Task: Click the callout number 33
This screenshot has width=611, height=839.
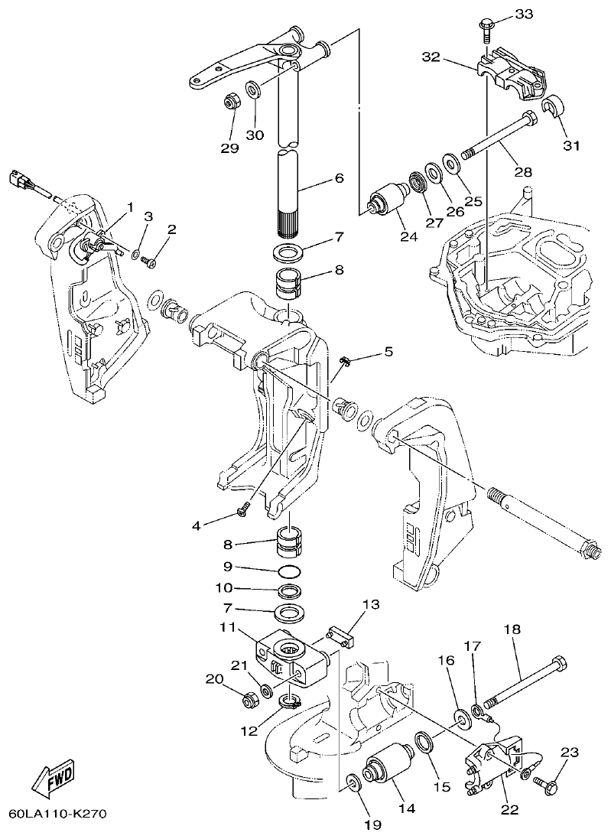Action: pyautogui.click(x=524, y=14)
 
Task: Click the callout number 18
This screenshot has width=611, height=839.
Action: pyautogui.click(x=511, y=629)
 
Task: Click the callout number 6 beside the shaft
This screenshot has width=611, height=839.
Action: pyautogui.click(x=339, y=178)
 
